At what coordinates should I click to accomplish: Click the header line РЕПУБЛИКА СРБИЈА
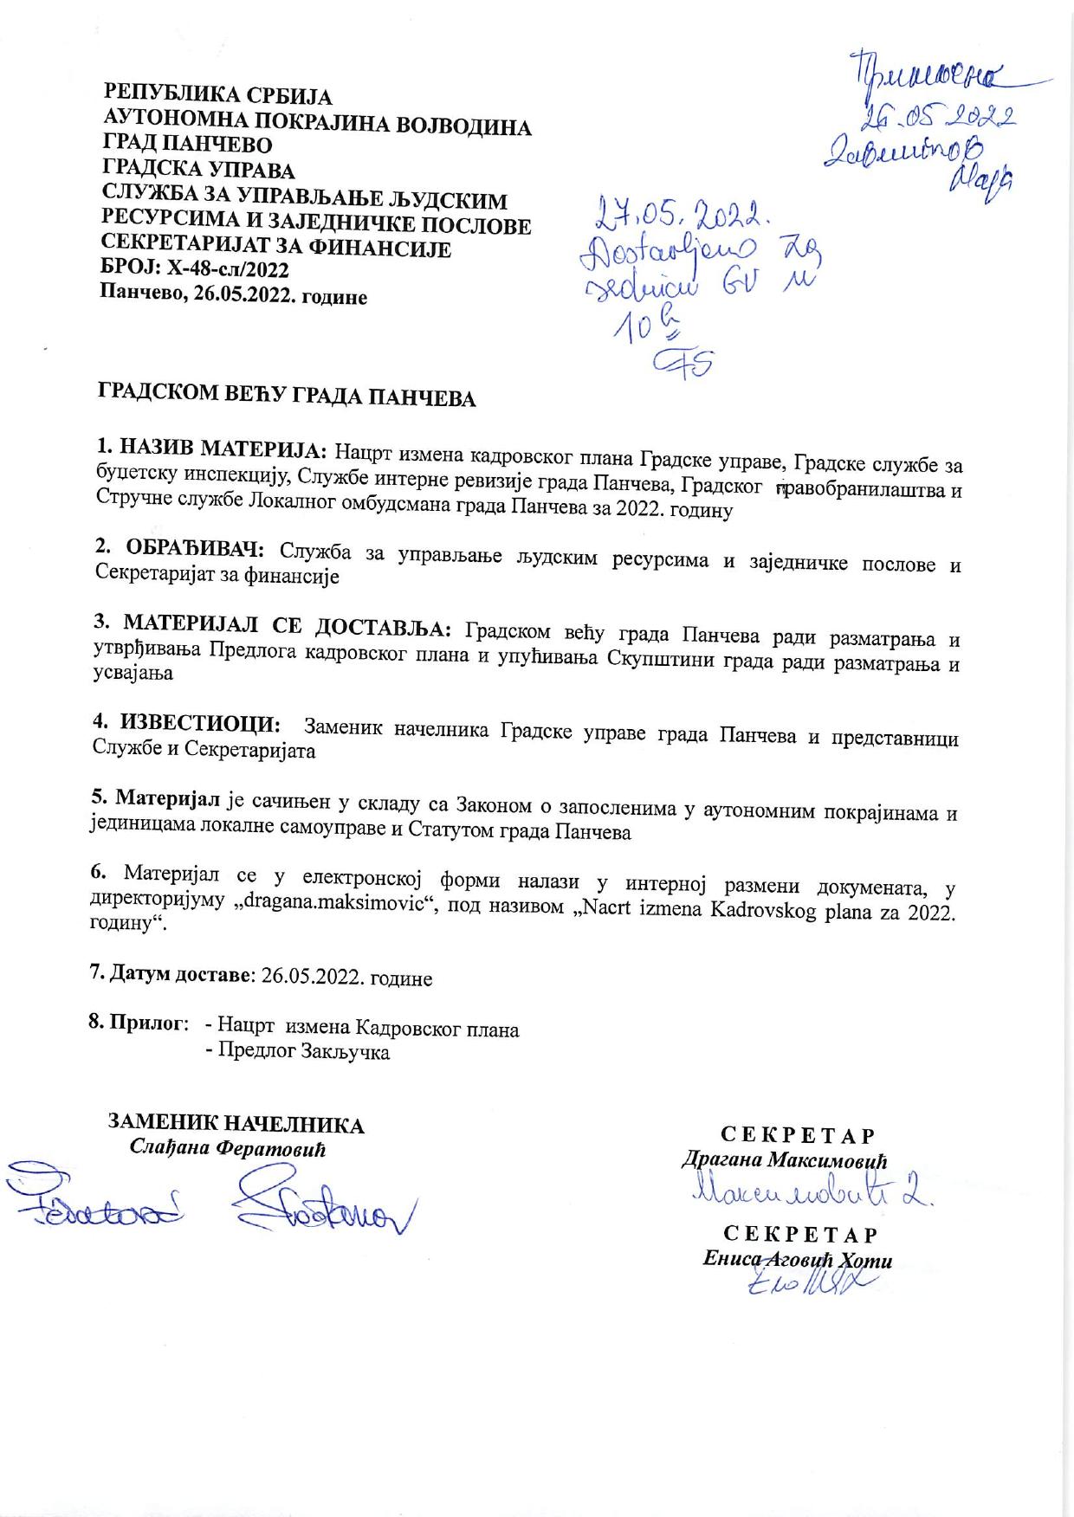point(217,95)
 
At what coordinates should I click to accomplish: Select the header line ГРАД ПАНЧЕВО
point(187,144)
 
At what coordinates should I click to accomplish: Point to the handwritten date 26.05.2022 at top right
point(935,115)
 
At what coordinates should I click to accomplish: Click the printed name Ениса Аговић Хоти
point(798,1261)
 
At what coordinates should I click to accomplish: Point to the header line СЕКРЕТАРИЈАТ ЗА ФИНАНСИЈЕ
point(276,249)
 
